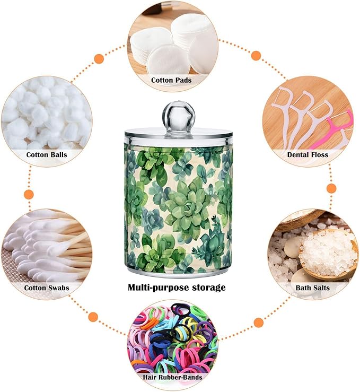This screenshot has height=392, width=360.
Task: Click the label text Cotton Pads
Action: [171, 80]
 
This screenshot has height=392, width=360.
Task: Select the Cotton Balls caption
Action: [47, 154]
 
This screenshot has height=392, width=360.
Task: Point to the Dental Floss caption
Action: [308, 154]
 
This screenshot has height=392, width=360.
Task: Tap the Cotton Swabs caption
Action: [47, 288]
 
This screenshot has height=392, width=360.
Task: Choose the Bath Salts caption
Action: [312, 288]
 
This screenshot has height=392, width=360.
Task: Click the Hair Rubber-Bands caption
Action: [172, 377]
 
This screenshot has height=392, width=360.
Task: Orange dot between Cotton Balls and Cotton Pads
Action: [99, 59]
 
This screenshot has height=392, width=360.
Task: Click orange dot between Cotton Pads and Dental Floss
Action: [256, 56]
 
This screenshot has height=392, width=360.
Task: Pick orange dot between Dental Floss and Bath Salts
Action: [331, 188]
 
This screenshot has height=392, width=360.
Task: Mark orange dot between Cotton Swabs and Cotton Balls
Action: [29, 194]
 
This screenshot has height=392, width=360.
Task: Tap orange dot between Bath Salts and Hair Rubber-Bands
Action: [259, 323]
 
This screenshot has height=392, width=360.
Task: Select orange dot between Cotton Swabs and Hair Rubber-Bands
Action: [93, 317]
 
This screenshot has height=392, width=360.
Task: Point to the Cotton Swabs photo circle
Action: [47, 253]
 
